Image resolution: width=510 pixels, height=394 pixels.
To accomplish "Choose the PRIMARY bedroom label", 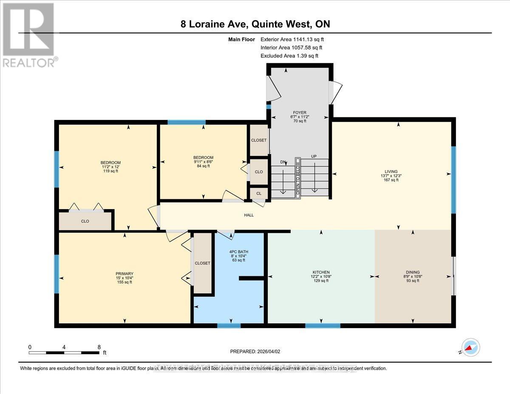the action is pyautogui.click(x=125, y=274).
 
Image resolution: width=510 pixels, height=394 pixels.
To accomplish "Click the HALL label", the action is pyautogui.click(x=249, y=215).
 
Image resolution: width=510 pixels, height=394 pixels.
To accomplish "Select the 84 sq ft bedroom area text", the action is pyautogui.click(x=203, y=166).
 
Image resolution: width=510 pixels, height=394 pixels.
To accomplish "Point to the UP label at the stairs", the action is pyautogui.click(x=314, y=156).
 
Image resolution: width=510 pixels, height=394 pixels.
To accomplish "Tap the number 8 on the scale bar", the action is pyautogui.click(x=99, y=347).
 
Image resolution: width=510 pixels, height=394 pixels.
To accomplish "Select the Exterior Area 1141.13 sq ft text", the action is pyautogui.click(x=295, y=40).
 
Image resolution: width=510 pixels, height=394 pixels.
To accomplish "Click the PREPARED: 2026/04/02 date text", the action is pyautogui.click(x=255, y=351).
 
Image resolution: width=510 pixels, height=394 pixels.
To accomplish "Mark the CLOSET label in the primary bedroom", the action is pyautogui.click(x=202, y=263).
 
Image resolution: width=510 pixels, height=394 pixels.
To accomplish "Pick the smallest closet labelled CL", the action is pyautogui.click(x=259, y=193).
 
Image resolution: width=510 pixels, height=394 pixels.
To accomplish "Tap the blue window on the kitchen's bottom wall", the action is pyautogui.click(x=323, y=326).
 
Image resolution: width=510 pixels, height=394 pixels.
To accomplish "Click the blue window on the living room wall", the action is pyautogui.click(x=453, y=179).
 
